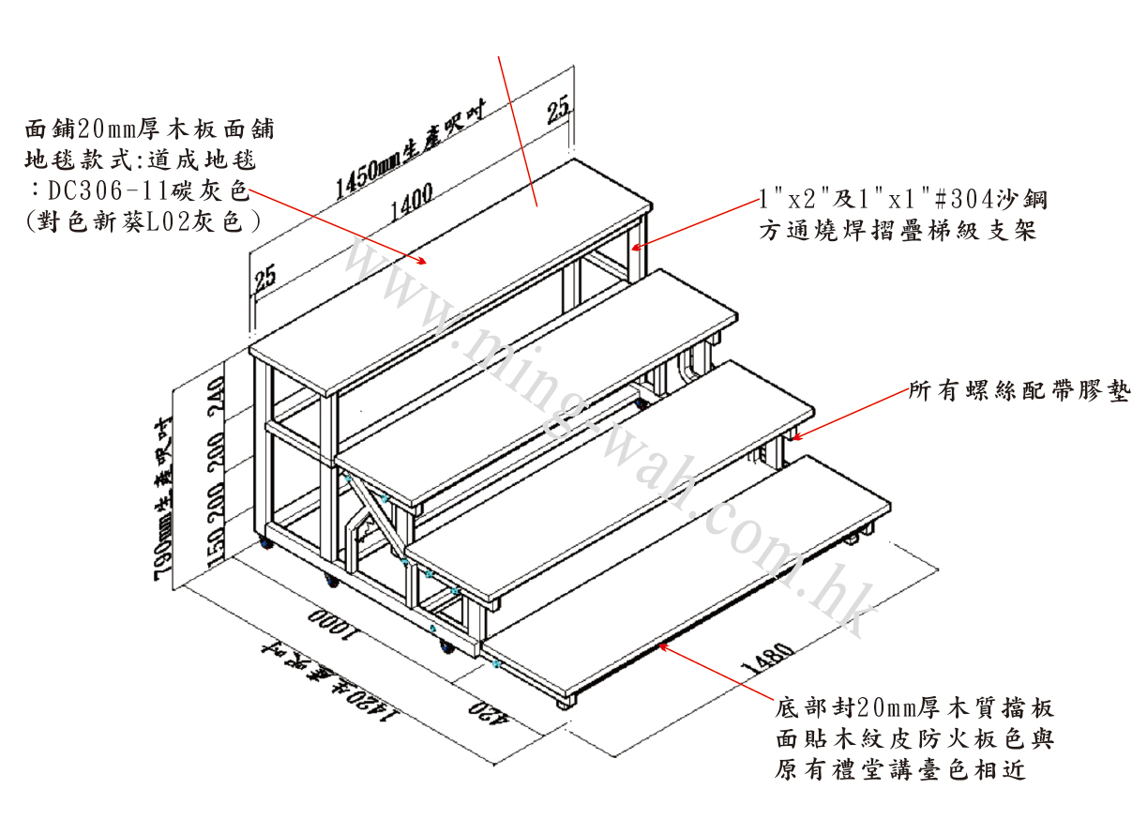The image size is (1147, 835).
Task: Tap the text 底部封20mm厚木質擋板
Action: click(x=915, y=707)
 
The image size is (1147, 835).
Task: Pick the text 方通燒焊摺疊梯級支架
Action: click(x=898, y=231)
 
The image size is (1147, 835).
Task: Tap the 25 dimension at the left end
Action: click(x=264, y=275)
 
